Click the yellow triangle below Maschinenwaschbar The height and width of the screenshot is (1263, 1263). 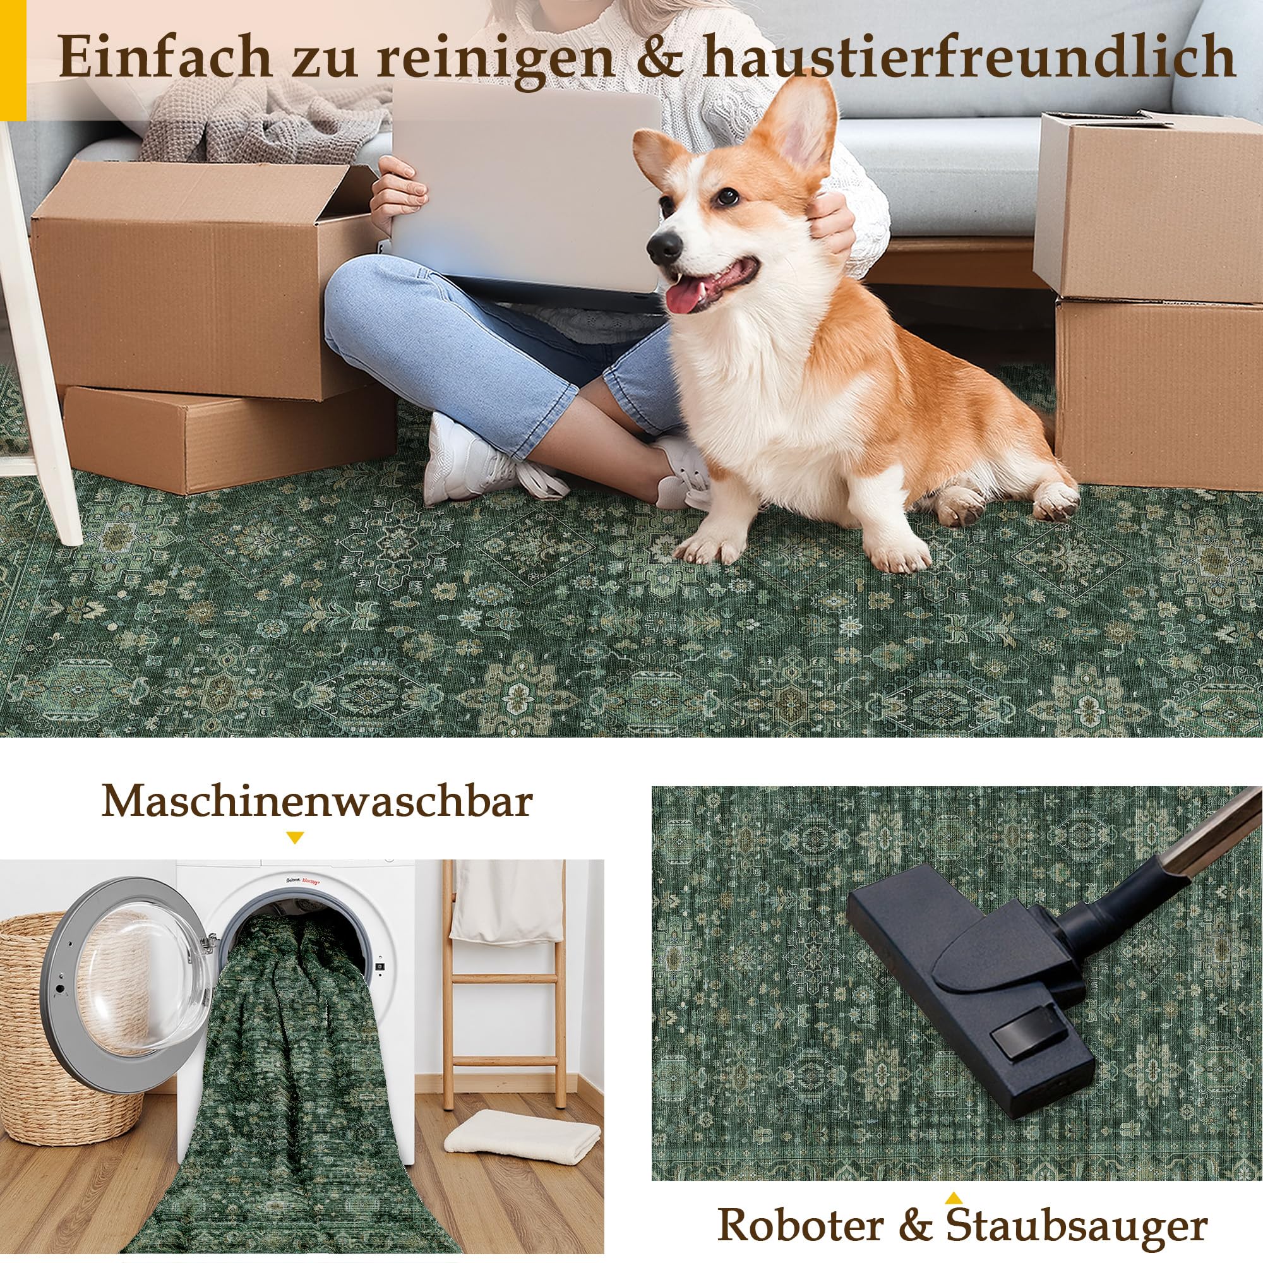296,837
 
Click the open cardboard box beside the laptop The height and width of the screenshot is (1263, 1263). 203,275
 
